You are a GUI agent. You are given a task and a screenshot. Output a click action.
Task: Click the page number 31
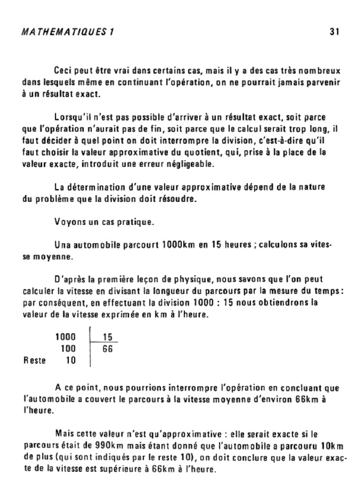[x=333, y=32]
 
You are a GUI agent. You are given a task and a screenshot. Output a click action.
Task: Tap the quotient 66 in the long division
[x=108, y=349]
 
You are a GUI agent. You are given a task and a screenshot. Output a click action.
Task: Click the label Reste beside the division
[x=34, y=360]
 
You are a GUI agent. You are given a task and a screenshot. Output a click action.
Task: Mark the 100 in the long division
[x=68, y=349]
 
